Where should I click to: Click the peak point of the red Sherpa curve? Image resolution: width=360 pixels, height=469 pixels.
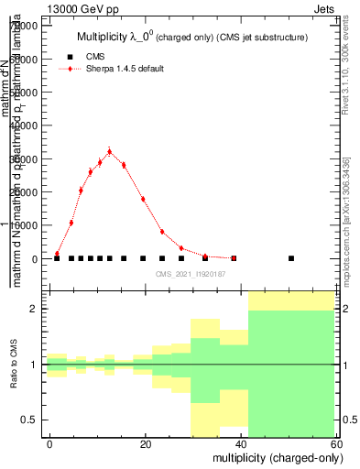click(109, 152)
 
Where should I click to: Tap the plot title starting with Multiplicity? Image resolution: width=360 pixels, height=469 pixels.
click(191, 37)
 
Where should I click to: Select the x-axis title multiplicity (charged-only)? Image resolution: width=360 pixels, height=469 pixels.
click(272, 456)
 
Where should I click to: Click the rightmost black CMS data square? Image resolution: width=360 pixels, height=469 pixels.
click(291, 258)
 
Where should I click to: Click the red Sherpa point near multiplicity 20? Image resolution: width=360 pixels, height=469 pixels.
click(143, 199)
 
